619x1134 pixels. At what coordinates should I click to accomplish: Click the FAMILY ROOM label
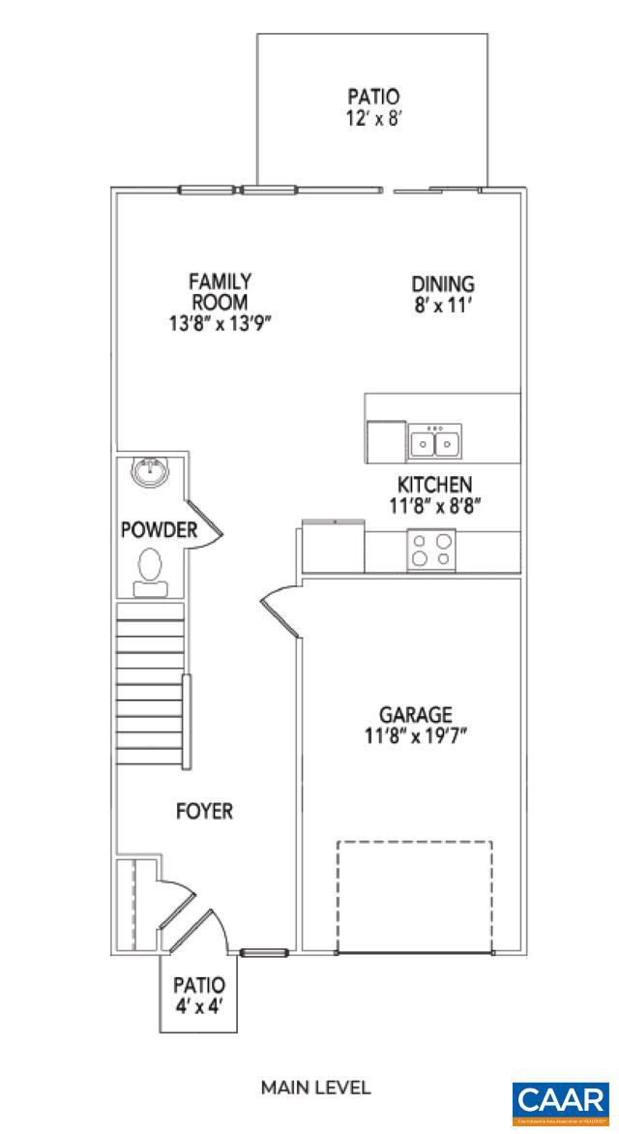220,291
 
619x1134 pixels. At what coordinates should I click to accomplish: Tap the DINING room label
443,284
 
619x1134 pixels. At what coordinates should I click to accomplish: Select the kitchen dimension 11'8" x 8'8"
434,505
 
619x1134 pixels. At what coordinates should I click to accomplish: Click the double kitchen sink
434,442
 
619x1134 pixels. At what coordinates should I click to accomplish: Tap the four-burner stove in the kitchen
431,550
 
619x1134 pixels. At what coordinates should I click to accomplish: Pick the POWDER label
159,530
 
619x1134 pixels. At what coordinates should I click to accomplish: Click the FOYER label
204,811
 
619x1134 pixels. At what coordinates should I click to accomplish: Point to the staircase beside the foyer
150,682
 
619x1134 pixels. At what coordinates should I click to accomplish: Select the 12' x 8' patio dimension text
372,117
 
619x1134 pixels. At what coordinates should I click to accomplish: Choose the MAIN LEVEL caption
315,1088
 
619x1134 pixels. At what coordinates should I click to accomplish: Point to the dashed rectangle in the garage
414,896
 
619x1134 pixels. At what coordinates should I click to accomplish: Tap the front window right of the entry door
264,953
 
